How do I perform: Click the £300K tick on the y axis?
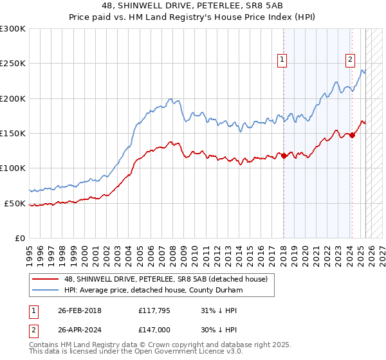(x=13, y=29)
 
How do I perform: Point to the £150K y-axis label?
(x=13, y=134)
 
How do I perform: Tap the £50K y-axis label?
(x=15, y=203)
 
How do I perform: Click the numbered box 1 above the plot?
(x=282, y=60)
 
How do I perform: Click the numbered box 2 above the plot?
(x=350, y=60)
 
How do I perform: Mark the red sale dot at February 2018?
(x=284, y=156)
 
